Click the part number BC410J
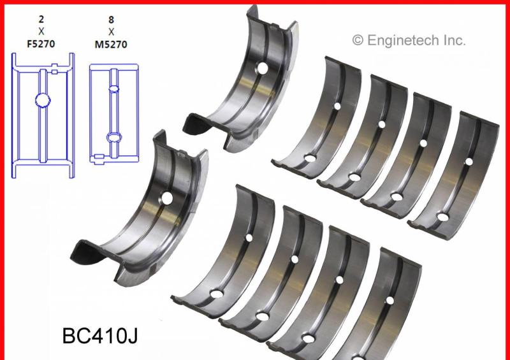point(100,336)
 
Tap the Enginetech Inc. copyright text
point(409,40)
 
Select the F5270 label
point(41,43)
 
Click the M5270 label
point(111,44)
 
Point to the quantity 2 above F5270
point(41,20)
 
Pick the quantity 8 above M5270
point(111,20)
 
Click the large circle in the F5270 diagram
point(43,100)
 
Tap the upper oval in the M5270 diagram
point(114,89)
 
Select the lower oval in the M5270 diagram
point(114,137)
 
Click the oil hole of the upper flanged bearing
point(263,68)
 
